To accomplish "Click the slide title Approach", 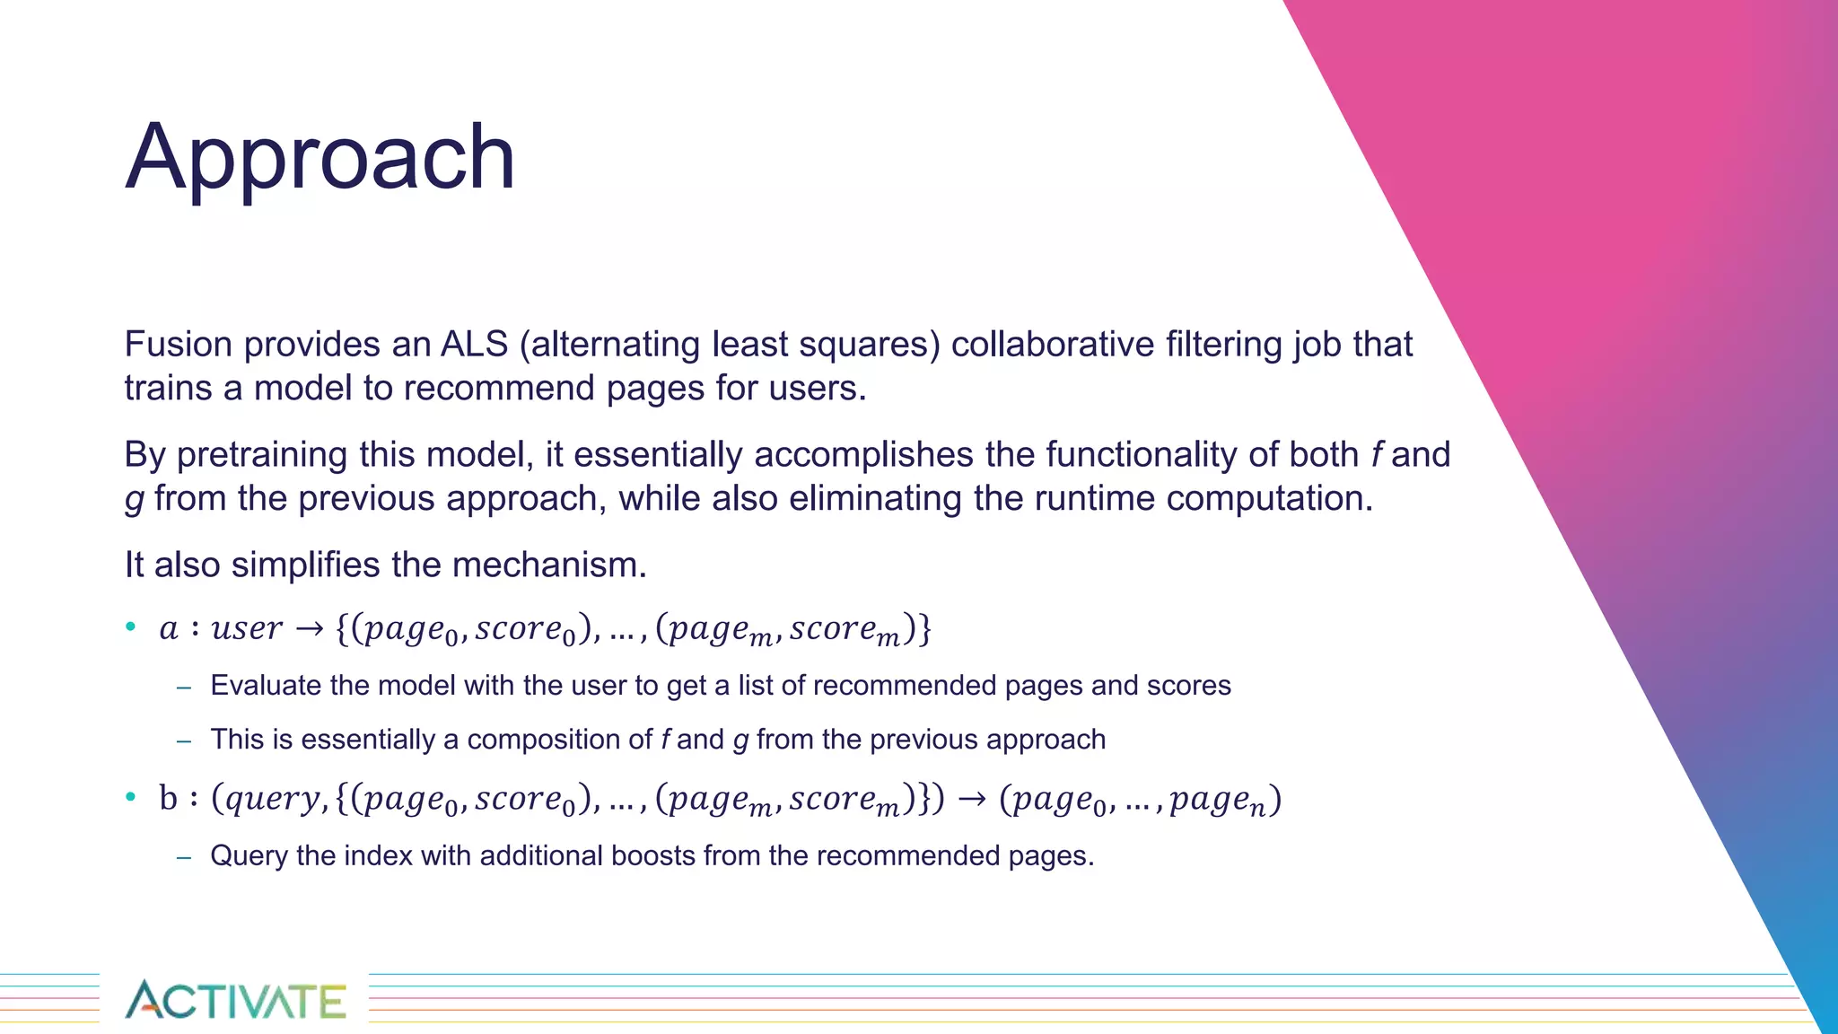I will (x=320, y=158).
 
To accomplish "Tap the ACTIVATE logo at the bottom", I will (x=235, y=1000).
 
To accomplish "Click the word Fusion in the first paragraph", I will (x=178, y=345).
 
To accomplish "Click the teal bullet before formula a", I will (x=131, y=627).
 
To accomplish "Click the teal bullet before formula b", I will (x=131, y=796).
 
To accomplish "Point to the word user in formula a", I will (x=247, y=628).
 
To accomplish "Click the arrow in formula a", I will (x=309, y=629).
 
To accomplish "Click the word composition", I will (x=559, y=740).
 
